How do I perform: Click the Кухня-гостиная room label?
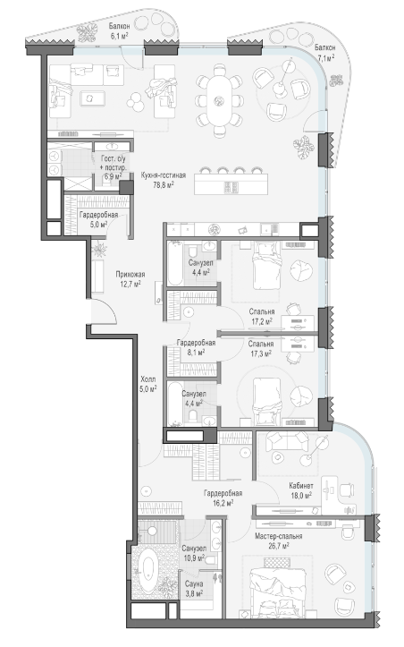click(x=164, y=175)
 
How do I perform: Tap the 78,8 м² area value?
click(x=164, y=185)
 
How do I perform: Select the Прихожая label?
click(x=130, y=275)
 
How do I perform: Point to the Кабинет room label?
click(x=301, y=486)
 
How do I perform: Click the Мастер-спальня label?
click(x=278, y=536)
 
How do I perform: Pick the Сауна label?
click(x=194, y=583)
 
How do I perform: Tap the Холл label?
click(x=148, y=379)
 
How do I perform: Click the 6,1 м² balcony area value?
click(x=119, y=36)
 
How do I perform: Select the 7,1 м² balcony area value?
click(x=324, y=58)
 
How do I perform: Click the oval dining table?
click(x=219, y=100)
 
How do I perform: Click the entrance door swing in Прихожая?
click(x=105, y=310)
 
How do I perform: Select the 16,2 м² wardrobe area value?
click(x=223, y=503)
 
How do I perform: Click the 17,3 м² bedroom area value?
click(x=261, y=353)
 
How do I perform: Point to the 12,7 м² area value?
click(x=130, y=284)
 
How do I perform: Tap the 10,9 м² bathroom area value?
click(x=194, y=558)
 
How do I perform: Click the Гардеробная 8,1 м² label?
click(x=196, y=347)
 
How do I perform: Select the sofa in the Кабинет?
click(x=287, y=441)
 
